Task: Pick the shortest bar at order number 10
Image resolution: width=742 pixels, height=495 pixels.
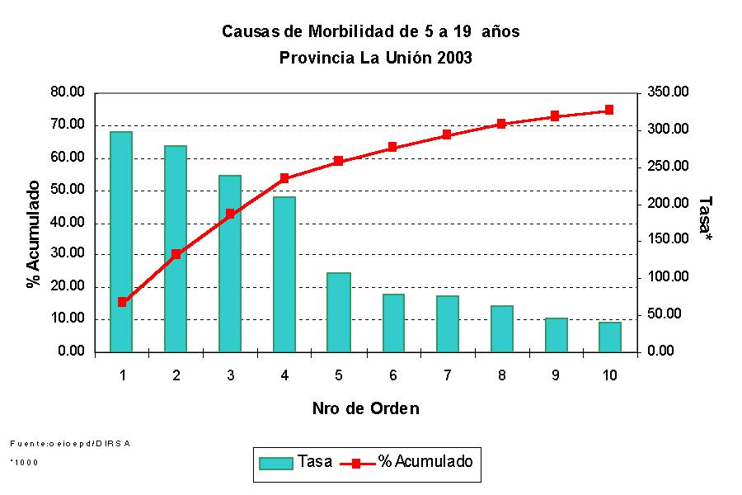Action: coord(609,337)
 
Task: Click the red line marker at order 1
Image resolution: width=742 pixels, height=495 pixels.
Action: coord(122,302)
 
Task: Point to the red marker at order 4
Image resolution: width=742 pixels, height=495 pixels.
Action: coord(284,178)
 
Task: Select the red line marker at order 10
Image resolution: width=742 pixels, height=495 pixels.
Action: coord(609,110)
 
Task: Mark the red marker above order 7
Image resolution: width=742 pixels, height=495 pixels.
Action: coord(447,134)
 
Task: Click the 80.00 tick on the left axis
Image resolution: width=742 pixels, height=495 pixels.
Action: coord(68,92)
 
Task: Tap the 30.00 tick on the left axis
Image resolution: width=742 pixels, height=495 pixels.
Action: coord(68,254)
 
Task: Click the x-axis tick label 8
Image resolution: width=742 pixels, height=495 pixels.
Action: coord(501,375)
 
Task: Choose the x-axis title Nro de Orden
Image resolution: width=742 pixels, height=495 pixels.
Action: coord(365,408)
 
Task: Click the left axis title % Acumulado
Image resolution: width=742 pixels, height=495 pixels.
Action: coord(34,233)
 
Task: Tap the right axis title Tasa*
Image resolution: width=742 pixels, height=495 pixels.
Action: coord(705,219)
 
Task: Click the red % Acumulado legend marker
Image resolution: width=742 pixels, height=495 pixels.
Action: coord(356,463)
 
